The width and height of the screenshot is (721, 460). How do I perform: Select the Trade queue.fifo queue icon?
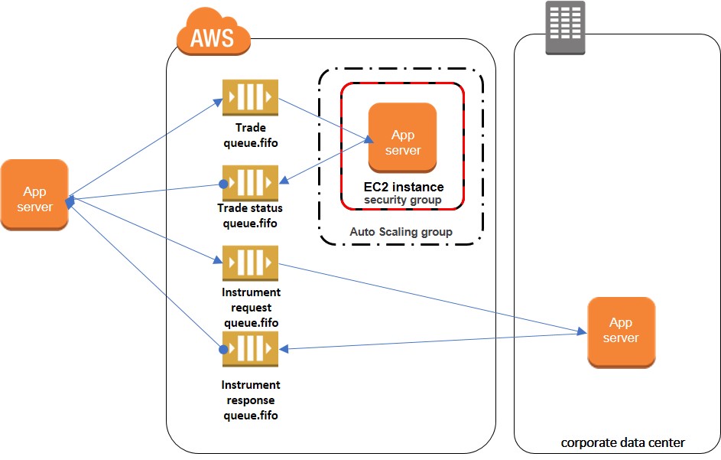250,98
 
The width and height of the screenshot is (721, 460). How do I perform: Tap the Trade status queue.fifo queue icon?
250,184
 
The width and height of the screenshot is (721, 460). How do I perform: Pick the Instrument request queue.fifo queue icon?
250,264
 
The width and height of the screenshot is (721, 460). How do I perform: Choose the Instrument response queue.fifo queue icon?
250,350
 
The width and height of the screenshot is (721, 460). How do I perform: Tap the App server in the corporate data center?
621,332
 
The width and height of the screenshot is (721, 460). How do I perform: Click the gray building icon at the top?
564,28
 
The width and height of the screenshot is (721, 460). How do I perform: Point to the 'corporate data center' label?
622,442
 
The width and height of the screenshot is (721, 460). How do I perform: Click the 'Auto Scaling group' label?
401,231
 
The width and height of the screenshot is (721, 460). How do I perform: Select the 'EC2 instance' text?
403,187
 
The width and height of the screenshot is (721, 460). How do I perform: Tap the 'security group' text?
403,200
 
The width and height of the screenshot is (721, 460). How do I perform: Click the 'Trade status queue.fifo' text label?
250,216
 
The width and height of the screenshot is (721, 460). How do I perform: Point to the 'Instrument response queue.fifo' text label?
250,400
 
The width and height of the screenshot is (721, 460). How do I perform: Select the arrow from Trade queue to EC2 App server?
325,119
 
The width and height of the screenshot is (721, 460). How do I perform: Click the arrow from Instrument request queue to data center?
428,299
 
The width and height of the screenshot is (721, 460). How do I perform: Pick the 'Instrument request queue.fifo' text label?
251,307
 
